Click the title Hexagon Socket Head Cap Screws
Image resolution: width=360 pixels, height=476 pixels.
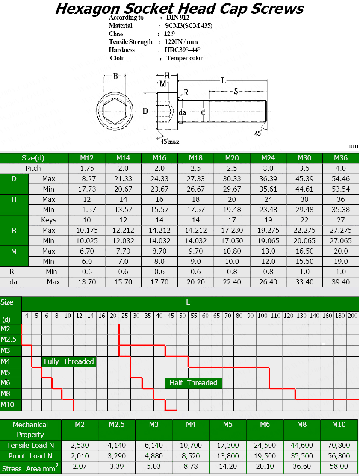(180, 8)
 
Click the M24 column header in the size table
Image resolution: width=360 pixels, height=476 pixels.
(268, 158)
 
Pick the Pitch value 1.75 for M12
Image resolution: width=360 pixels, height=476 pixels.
(87, 168)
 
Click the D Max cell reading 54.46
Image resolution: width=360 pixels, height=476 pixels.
(341, 178)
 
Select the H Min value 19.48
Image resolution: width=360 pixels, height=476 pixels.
(232, 210)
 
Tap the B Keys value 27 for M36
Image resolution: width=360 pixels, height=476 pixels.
(341, 220)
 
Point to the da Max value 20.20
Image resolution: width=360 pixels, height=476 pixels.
(195, 282)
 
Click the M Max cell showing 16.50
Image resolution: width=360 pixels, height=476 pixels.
(304, 251)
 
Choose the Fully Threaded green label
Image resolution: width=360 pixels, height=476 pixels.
(69, 361)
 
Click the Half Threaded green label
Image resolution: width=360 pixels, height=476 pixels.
(193, 383)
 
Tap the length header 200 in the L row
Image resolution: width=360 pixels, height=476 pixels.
(352, 316)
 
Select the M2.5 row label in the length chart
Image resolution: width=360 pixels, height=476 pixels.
(8, 340)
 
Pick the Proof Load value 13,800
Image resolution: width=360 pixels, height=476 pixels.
(228, 456)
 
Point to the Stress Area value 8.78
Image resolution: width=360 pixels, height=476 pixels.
(191, 467)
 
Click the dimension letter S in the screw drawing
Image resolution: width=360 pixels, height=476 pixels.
(236, 91)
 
